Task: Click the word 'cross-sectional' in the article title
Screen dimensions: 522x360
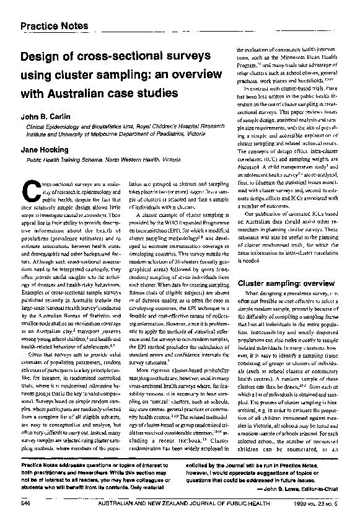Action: pos(116,58)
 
